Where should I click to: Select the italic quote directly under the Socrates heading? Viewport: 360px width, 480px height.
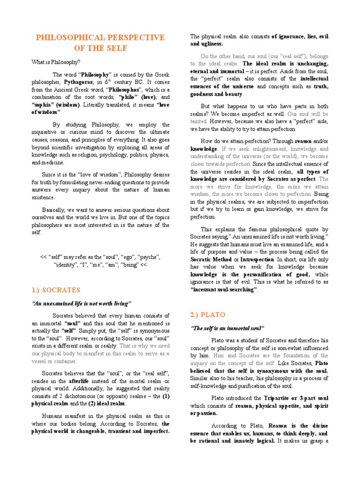[x=82, y=303]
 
